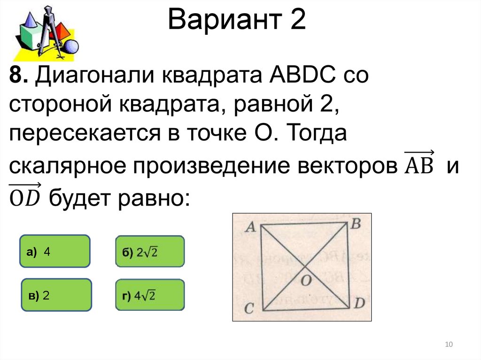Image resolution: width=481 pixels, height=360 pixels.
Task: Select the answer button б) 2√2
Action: point(150,252)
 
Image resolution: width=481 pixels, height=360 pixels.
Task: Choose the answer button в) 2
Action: point(56,295)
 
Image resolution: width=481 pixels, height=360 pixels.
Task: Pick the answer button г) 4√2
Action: point(150,296)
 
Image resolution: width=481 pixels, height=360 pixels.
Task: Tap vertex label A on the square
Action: point(250,227)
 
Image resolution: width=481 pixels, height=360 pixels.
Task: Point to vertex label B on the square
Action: point(356,224)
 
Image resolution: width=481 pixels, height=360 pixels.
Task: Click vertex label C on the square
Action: point(250,308)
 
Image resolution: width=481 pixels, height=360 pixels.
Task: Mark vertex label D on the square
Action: point(359,304)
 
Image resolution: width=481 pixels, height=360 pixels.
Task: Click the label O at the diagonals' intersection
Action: point(306,281)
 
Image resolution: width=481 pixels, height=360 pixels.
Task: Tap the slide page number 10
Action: point(449,345)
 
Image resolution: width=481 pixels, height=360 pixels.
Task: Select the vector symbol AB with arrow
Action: point(419,164)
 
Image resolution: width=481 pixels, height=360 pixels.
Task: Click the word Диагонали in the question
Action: point(93,76)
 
